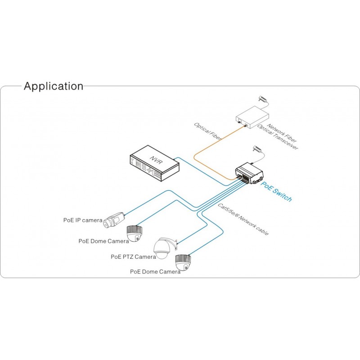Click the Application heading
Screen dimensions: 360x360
[x=53, y=86]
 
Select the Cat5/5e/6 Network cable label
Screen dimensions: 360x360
[x=243, y=219]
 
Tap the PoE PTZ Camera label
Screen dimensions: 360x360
[x=133, y=257]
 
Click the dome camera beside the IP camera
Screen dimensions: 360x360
[x=134, y=234]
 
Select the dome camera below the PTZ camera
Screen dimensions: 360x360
[x=183, y=262]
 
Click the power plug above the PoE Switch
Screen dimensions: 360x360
[x=257, y=148]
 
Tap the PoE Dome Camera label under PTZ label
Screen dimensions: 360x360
[x=155, y=272]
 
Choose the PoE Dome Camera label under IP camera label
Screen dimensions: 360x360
[x=103, y=241]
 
